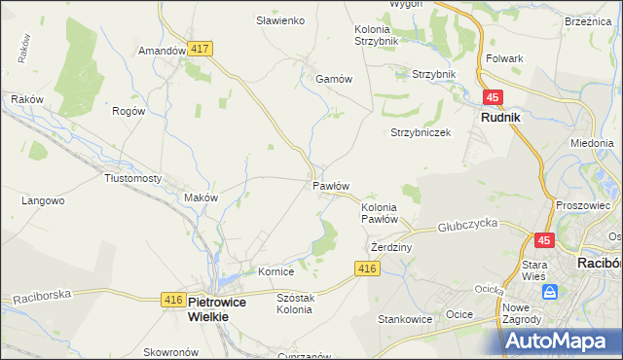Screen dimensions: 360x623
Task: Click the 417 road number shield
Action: click(x=202, y=49)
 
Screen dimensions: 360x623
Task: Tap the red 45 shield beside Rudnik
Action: click(x=493, y=97)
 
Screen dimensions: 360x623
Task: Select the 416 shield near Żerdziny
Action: click(x=367, y=269)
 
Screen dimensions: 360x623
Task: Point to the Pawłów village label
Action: click(x=331, y=185)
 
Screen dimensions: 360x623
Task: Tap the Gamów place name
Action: click(x=333, y=80)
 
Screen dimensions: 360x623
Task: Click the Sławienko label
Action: click(x=280, y=20)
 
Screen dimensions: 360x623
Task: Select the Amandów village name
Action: click(x=162, y=50)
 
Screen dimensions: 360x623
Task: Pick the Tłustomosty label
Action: click(x=132, y=178)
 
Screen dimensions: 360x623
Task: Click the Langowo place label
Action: click(x=43, y=200)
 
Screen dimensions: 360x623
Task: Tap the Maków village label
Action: click(x=202, y=198)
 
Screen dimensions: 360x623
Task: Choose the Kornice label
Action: click(x=275, y=271)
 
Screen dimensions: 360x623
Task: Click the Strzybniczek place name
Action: click(x=421, y=132)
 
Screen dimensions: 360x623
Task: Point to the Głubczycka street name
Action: click(x=467, y=223)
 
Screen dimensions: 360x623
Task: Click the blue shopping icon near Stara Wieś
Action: click(x=551, y=291)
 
